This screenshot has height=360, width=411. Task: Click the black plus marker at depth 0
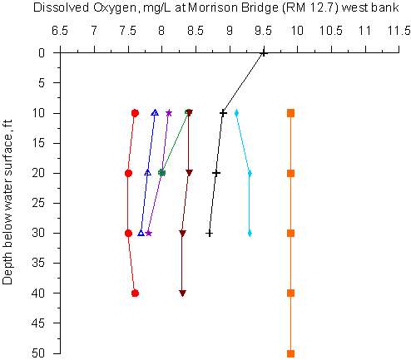point(264,53)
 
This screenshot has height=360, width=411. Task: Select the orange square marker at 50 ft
point(290,353)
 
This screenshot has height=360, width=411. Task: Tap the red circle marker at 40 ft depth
point(135,293)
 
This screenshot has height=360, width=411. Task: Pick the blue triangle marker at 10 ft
point(156,113)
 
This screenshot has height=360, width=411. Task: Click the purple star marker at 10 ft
point(169,113)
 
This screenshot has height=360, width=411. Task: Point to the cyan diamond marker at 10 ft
point(236,113)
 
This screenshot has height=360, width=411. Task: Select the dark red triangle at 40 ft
point(182,293)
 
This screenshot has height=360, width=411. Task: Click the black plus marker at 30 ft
point(210,234)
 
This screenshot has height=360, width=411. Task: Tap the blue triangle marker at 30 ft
point(141,233)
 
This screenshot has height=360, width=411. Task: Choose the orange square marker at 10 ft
point(290,113)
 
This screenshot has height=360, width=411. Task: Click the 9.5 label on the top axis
point(263,31)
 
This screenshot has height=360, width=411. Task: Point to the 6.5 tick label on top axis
point(60,31)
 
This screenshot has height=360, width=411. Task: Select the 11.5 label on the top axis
point(399,31)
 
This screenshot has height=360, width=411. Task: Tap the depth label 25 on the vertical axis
point(38,203)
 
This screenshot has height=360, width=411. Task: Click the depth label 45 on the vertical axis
point(38,323)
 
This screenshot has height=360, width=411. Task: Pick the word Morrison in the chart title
point(214,7)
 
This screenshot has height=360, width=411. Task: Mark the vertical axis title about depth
point(7,202)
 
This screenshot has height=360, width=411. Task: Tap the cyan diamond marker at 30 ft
point(250,234)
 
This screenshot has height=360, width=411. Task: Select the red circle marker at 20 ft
point(128,174)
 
